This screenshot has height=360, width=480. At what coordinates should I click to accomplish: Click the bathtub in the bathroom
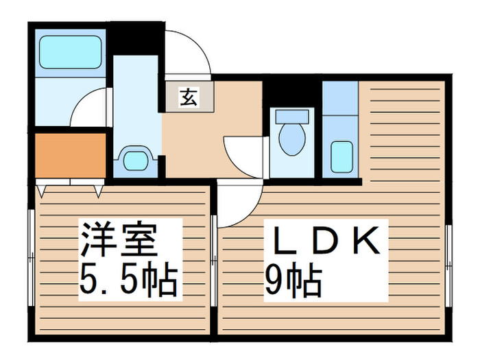(x=70, y=52)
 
